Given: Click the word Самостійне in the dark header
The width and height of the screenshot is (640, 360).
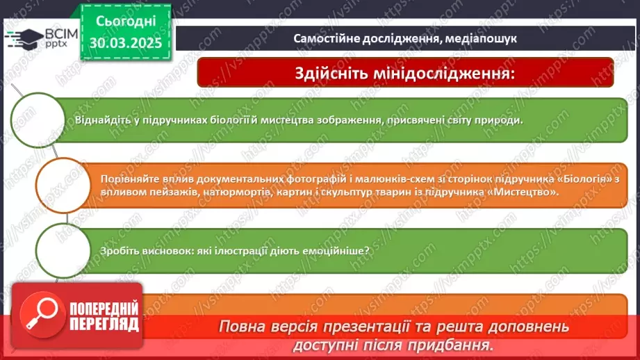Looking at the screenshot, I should [x=322, y=39].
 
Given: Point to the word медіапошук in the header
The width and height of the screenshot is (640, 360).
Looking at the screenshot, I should [x=487, y=39].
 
